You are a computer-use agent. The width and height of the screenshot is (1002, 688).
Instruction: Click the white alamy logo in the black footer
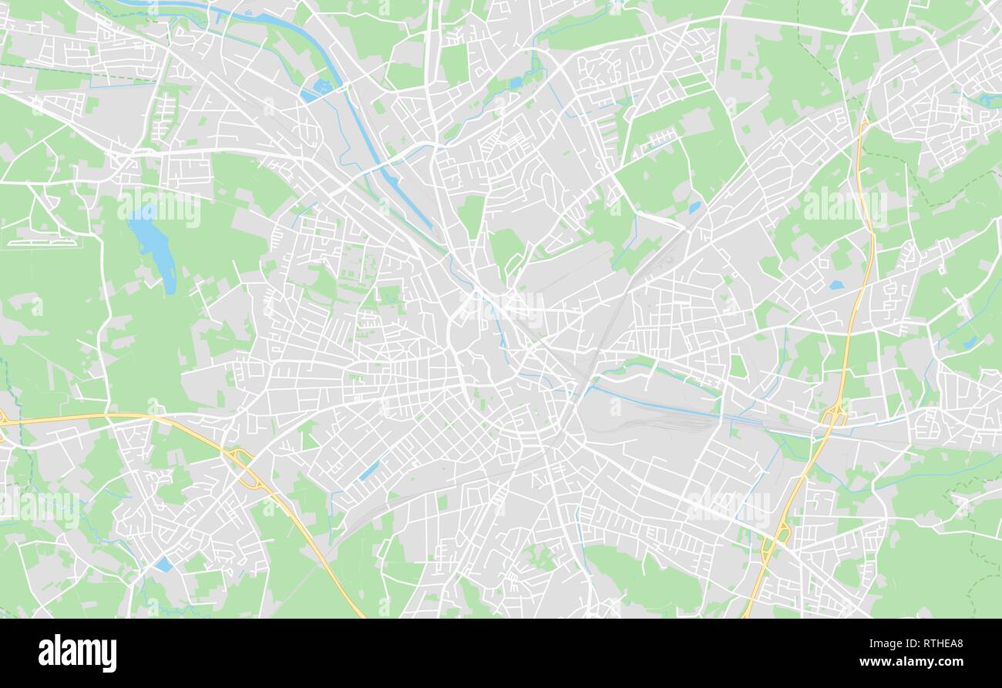[x=78, y=653]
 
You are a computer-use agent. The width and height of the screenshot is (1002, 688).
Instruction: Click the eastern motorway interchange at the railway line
[x=834, y=416]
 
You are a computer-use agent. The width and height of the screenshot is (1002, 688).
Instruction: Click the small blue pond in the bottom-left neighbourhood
[x=163, y=565]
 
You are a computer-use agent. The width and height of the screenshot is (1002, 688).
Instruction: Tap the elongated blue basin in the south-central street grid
[x=369, y=471]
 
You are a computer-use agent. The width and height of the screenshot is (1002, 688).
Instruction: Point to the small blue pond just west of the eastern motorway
[x=836, y=285]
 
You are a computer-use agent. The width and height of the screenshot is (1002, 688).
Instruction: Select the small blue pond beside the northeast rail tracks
[x=694, y=207]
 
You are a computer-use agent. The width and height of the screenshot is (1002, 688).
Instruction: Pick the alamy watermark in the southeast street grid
[x=728, y=505]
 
